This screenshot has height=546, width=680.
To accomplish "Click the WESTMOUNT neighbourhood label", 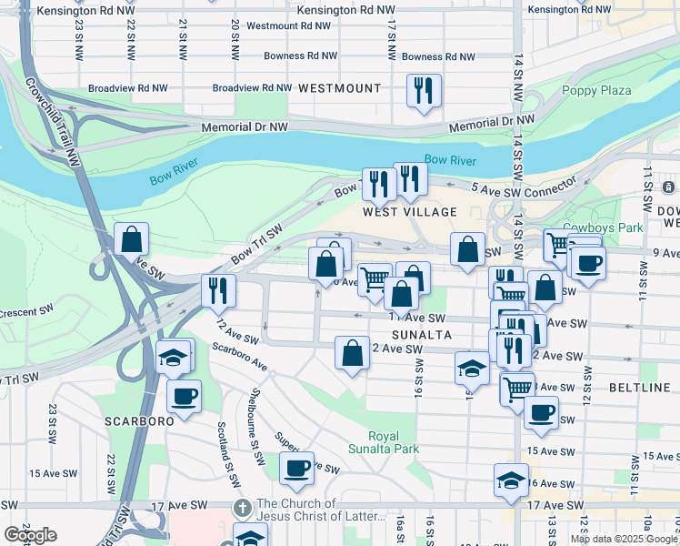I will tap(339, 88).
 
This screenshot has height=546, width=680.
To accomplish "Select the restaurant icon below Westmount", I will tap(424, 91).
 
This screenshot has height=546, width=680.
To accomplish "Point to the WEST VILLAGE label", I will tap(410, 211).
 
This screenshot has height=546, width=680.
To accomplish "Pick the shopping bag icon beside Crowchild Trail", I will tap(132, 240).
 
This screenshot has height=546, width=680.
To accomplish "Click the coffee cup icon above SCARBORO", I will tap(185, 396).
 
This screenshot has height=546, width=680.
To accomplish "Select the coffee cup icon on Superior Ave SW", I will tap(296, 469).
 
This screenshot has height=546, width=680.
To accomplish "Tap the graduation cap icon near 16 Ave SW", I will tap(511, 480).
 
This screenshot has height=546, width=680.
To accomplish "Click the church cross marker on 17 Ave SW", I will tap(243, 506).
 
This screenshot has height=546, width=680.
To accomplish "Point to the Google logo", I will tap(30, 535).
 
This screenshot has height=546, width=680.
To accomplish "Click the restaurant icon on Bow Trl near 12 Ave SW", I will tap(218, 289).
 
